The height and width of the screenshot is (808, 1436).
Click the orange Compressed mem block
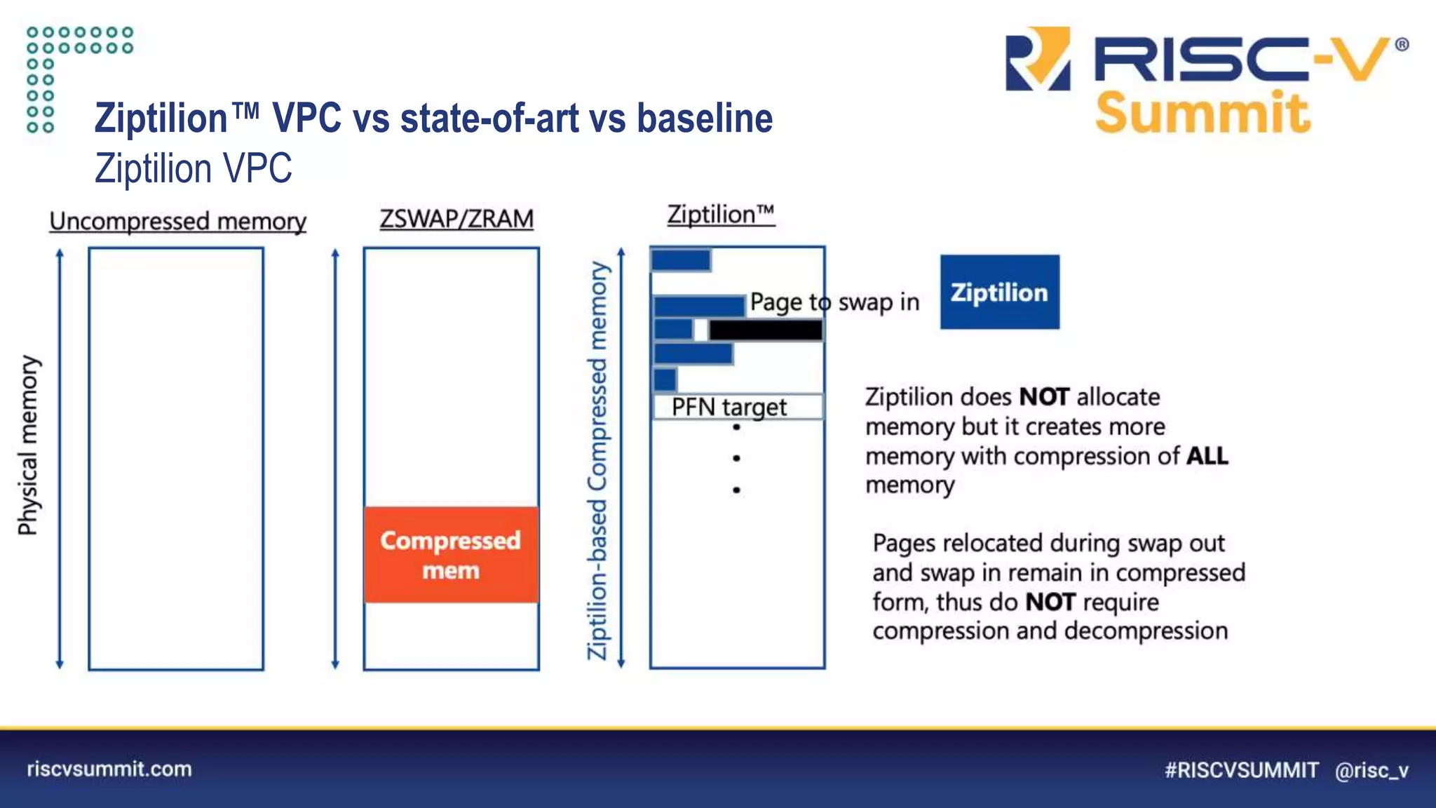(451, 554)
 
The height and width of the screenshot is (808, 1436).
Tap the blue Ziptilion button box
(999, 292)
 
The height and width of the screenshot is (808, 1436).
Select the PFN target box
(738, 407)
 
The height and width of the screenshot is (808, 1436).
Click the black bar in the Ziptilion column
(766, 330)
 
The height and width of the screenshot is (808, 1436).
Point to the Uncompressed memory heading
(177, 222)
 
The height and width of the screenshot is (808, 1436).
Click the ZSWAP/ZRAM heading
(456, 219)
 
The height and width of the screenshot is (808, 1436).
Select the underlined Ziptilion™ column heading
(720, 215)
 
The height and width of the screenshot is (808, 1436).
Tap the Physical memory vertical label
(28, 445)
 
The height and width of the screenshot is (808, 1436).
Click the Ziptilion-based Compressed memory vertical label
(597, 459)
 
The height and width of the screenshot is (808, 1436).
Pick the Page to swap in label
(834, 302)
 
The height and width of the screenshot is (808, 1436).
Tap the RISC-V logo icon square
(1038, 59)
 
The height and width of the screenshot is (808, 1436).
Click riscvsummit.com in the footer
(109, 769)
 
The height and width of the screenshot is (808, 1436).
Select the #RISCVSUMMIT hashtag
(1241, 770)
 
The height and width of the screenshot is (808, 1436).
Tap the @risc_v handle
(1371, 770)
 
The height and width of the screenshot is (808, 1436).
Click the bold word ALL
(1207, 456)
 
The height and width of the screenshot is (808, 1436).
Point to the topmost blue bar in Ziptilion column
(681, 260)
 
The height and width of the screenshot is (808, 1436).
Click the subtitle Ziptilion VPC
(194, 168)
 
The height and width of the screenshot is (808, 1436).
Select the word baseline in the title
(704, 118)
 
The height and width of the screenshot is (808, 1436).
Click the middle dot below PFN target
(736, 458)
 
